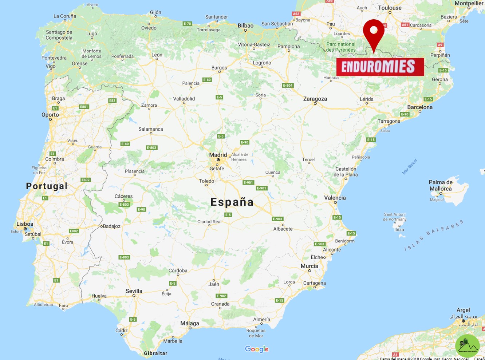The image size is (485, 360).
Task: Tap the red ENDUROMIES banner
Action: [380, 67]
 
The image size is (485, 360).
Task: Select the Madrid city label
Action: [218, 155]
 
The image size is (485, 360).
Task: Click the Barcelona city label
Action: [420, 107]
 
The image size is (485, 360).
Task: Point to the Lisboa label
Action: [25, 224]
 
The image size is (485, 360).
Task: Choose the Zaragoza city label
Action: [315, 99]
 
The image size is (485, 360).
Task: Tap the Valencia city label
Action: [335, 198]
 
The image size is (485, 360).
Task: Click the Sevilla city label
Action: [134, 291]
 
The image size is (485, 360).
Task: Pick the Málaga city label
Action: [190, 323]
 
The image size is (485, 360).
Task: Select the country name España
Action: [232, 202]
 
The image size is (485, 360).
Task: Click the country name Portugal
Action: [47, 186]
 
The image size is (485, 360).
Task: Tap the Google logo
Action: [257, 349]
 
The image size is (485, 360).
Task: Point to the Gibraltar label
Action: [155, 353]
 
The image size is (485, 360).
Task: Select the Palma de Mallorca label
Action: [441, 185]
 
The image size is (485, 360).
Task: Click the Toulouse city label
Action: [390, 8]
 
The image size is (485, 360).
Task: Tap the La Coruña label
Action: [65, 16]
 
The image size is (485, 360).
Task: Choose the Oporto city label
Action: [50, 115]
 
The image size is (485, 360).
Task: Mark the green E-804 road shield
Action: [288, 86]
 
